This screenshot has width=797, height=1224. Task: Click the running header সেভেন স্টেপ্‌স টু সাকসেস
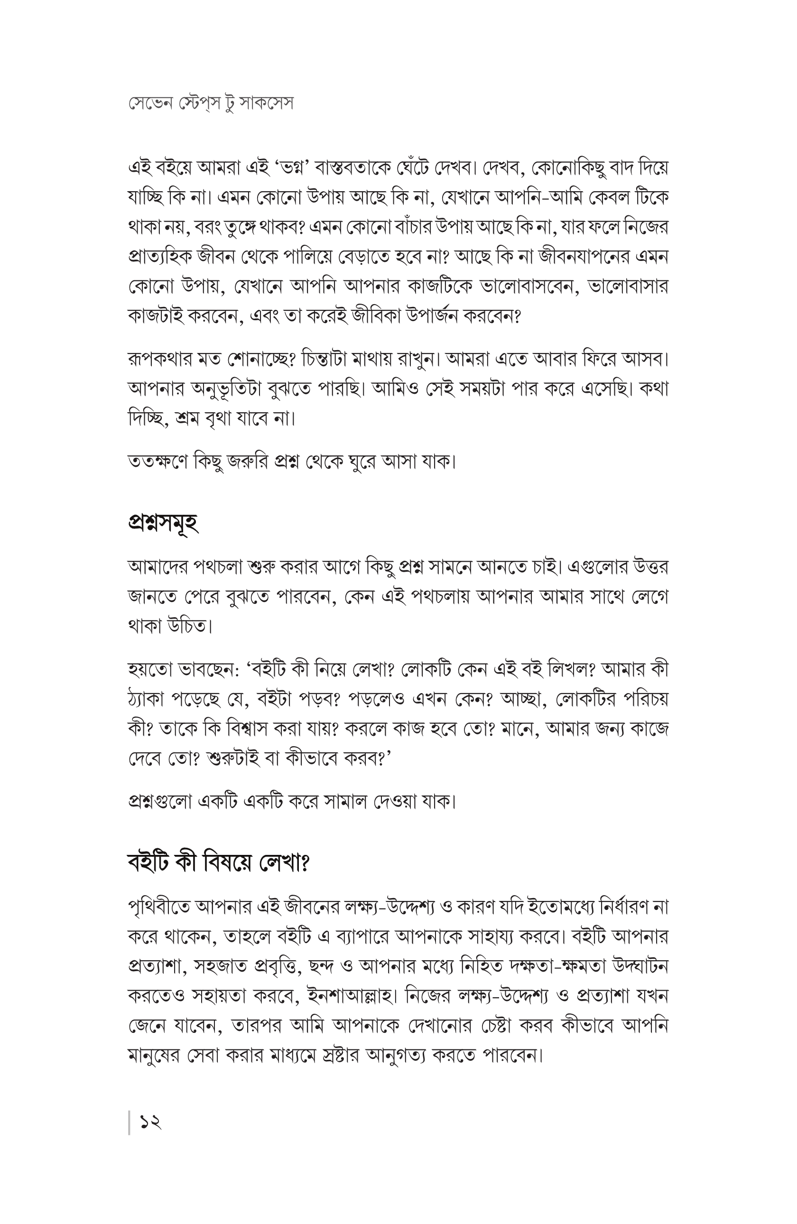click(211, 103)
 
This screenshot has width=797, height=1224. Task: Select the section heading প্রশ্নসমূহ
click(163, 522)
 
